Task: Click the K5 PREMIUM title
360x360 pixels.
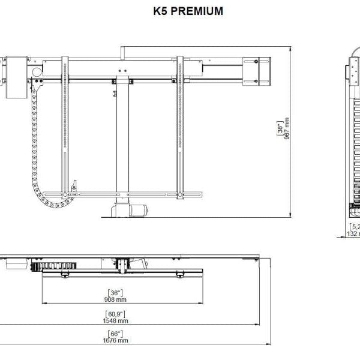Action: [x=179, y=11]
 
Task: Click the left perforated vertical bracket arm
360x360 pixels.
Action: [x=65, y=126]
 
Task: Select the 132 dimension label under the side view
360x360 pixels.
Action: [x=353, y=234]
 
